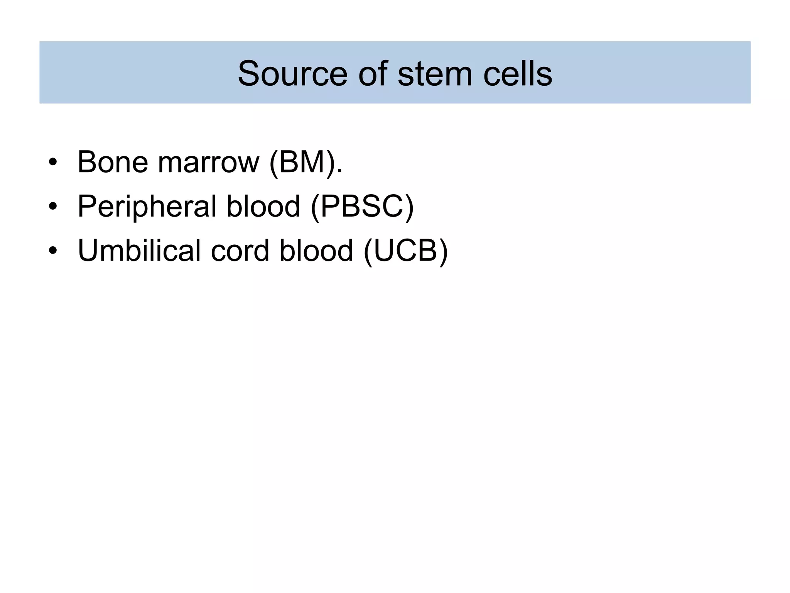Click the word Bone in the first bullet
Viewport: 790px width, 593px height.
pos(113,162)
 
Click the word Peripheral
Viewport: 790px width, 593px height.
pos(147,207)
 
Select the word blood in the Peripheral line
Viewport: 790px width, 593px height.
pos(263,207)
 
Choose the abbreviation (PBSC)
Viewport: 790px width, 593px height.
pos(362,207)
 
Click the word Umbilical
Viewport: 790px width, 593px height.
pos(139,251)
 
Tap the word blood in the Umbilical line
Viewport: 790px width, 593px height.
pos(316,251)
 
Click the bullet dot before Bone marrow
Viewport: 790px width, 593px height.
pos(53,163)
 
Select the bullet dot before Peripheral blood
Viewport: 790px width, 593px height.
pos(53,207)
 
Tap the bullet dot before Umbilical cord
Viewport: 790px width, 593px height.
pos(53,251)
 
